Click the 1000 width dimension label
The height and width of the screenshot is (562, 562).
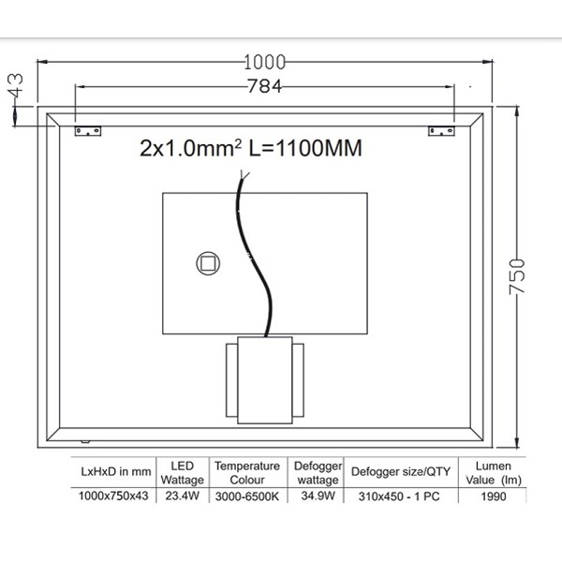click(x=265, y=63)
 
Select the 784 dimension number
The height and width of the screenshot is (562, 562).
click(x=265, y=86)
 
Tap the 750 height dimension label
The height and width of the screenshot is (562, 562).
click(x=517, y=276)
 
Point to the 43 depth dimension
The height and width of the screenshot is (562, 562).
click(x=16, y=85)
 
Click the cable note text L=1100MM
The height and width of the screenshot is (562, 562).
click(x=305, y=148)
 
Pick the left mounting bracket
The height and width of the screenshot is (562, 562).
click(x=88, y=131)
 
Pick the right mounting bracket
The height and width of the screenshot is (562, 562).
click(x=441, y=131)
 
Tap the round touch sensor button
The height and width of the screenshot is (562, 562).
click(x=208, y=263)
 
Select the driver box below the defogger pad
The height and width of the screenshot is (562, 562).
click(x=265, y=380)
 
